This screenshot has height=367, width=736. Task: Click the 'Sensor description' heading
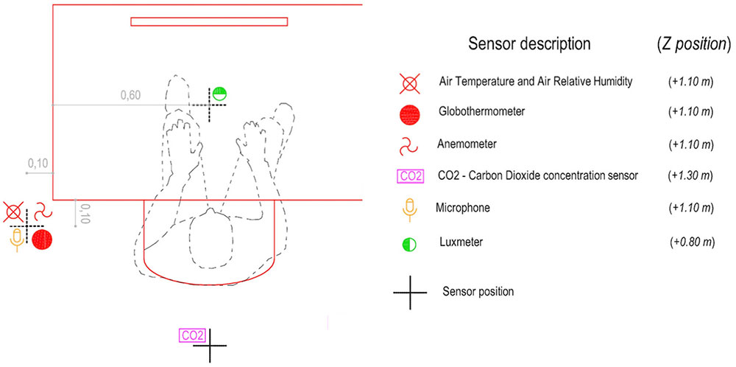529,43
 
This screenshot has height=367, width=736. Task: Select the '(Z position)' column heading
693,43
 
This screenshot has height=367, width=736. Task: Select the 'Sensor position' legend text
478,291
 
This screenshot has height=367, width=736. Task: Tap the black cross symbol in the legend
410,292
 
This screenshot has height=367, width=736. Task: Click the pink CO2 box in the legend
410,176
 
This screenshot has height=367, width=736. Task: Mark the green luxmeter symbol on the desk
219,94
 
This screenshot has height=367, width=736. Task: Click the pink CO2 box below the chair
191,335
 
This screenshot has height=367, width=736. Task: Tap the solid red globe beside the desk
42,239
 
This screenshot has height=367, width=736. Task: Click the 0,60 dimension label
130,95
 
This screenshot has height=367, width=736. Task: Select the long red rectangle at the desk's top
209,21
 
